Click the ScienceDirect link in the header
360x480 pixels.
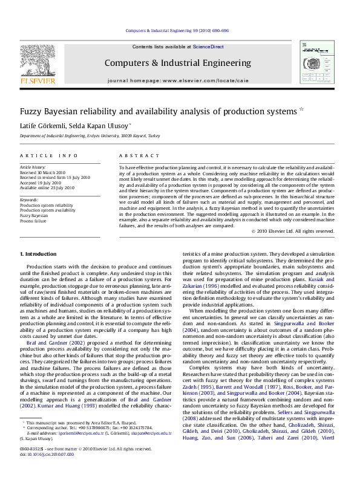pyautogui.click(x=208, y=47)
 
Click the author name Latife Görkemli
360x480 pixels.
pyautogui.click(x=44, y=125)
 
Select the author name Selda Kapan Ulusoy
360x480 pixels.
pyautogui.click(x=100, y=125)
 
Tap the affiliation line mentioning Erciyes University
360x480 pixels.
pyautogui.click(x=90, y=137)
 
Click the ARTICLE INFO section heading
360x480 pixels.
pyautogui.click(x=49, y=155)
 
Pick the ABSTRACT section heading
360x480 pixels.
pyautogui.click(x=134, y=155)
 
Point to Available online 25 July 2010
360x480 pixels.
pyautogui.click(x=47, y=187)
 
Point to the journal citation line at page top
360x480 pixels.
pyautogui.click(x=177, y=30)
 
